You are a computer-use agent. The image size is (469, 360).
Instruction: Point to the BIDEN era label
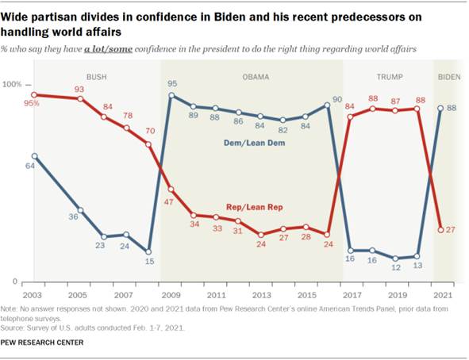click(x=449, y=78)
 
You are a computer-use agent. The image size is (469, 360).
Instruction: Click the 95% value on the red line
click(x=32, y=102)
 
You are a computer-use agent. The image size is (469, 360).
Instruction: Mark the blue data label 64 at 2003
click(x=29, y=165)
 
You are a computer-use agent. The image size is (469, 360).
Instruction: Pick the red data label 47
click(x=168, y=203)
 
